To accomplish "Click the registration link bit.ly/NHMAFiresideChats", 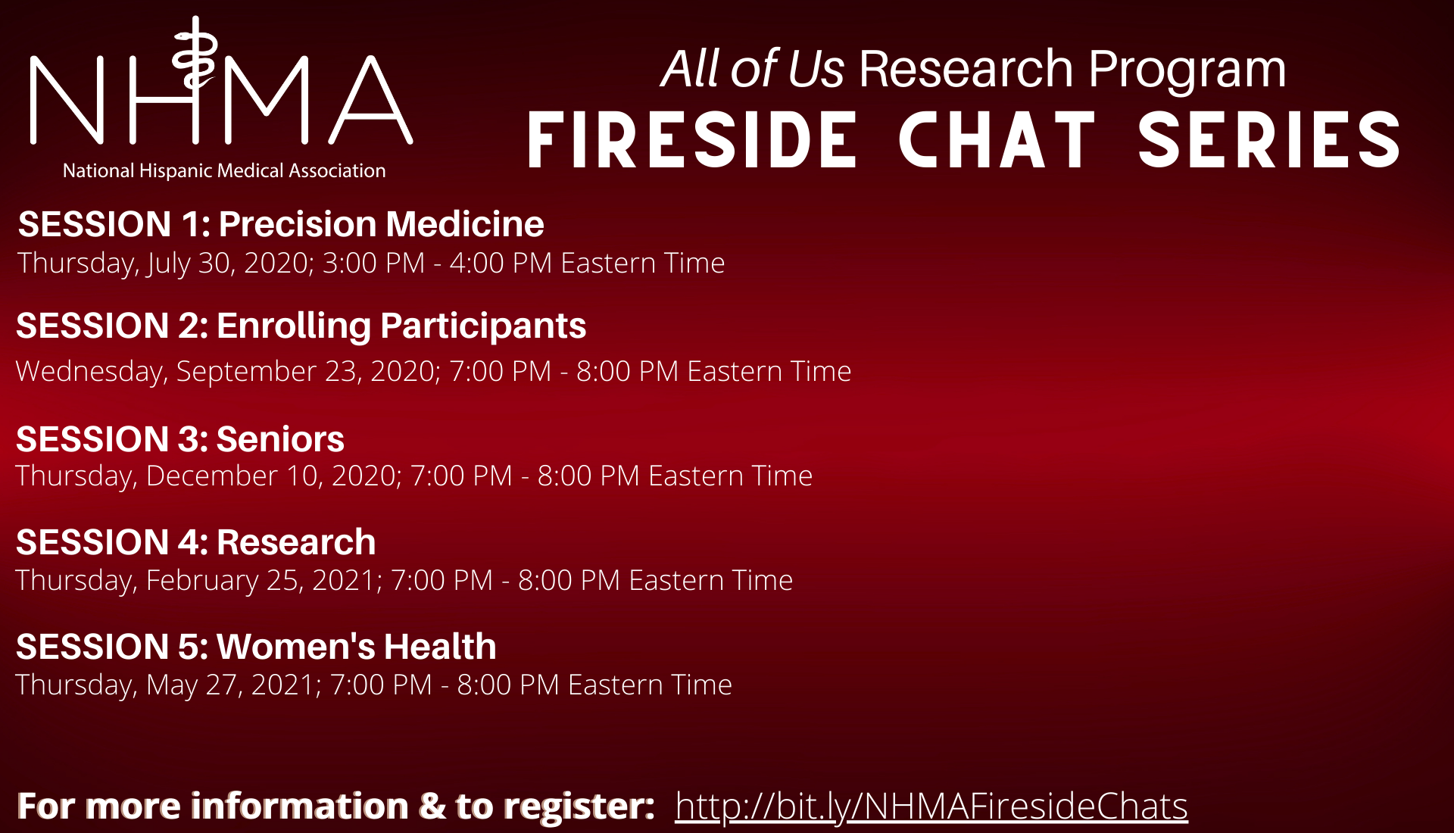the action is (931, 806).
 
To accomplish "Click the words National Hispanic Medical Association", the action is (224, 170).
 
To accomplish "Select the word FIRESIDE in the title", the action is (692, 140).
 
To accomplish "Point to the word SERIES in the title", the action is (1269, 140).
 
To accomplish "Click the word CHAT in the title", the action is (997, 140).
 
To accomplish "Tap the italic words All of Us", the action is (752, 69).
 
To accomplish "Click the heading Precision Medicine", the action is (381, 224).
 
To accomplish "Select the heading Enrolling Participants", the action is (401, 326).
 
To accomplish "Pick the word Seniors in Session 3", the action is (280, 439).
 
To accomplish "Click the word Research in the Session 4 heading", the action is (296, 542).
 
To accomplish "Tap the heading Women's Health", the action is (357, 647).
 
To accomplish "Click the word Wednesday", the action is (91, 372).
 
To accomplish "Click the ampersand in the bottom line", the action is (432, 806).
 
